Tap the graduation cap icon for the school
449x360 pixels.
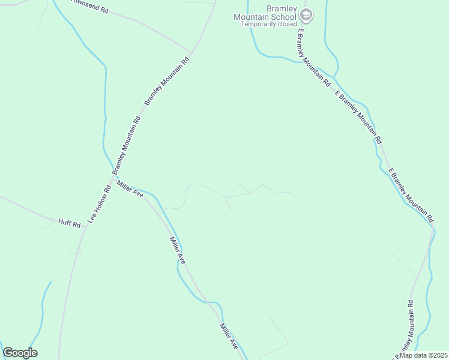click(307, 14)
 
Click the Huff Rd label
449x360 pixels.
click(69, 224)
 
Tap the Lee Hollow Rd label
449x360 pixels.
click(100, 204)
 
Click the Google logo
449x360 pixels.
click(20, 353)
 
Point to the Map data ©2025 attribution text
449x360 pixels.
click(424, 355)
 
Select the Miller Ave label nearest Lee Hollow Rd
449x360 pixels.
click(130, 190)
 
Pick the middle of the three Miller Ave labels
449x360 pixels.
click(177, 251)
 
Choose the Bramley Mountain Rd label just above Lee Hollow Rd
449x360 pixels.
click(126, 145)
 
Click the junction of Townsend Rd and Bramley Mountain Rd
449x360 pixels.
click(192, 52)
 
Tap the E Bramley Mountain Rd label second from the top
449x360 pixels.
click(358, 116)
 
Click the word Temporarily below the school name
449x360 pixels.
click(255, 25)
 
